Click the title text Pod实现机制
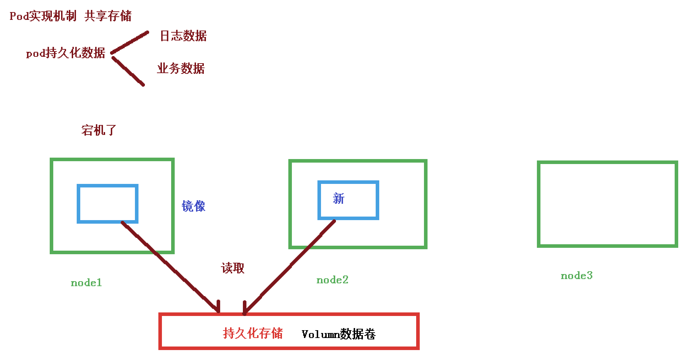pyautogui.click(x=43, y=16)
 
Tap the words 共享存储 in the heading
pyautogui.click(x=108, y=16)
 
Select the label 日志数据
pyautogui.click(x=183, y=36)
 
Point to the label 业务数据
pyautogui.click(x=181, y=68)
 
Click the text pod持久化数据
pyautogui.click(x=66, y=53)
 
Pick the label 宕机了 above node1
pyautogui.click(x=99, y=130)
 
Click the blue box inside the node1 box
pyautogui.click(x=107, y=204)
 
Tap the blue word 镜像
pyautogui.click(x=194, y=206)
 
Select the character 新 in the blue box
pyautogui.click(x=338, y=198)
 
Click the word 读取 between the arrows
pyautogui.click(x=233, y=268)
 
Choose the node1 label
pyautogui.click(x=86, y=283)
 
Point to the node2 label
pyautogui.click(x=332, y=280)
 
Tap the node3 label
pyautogui.click(x=577, y=276)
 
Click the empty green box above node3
pyautogui.click(x=607, y=204)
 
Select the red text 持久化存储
pyautogui.click(x=253, y=333)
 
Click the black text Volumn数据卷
pyautogui.click(x=338, y=334)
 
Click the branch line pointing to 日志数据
pyautogui.click(x=130, y=43)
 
